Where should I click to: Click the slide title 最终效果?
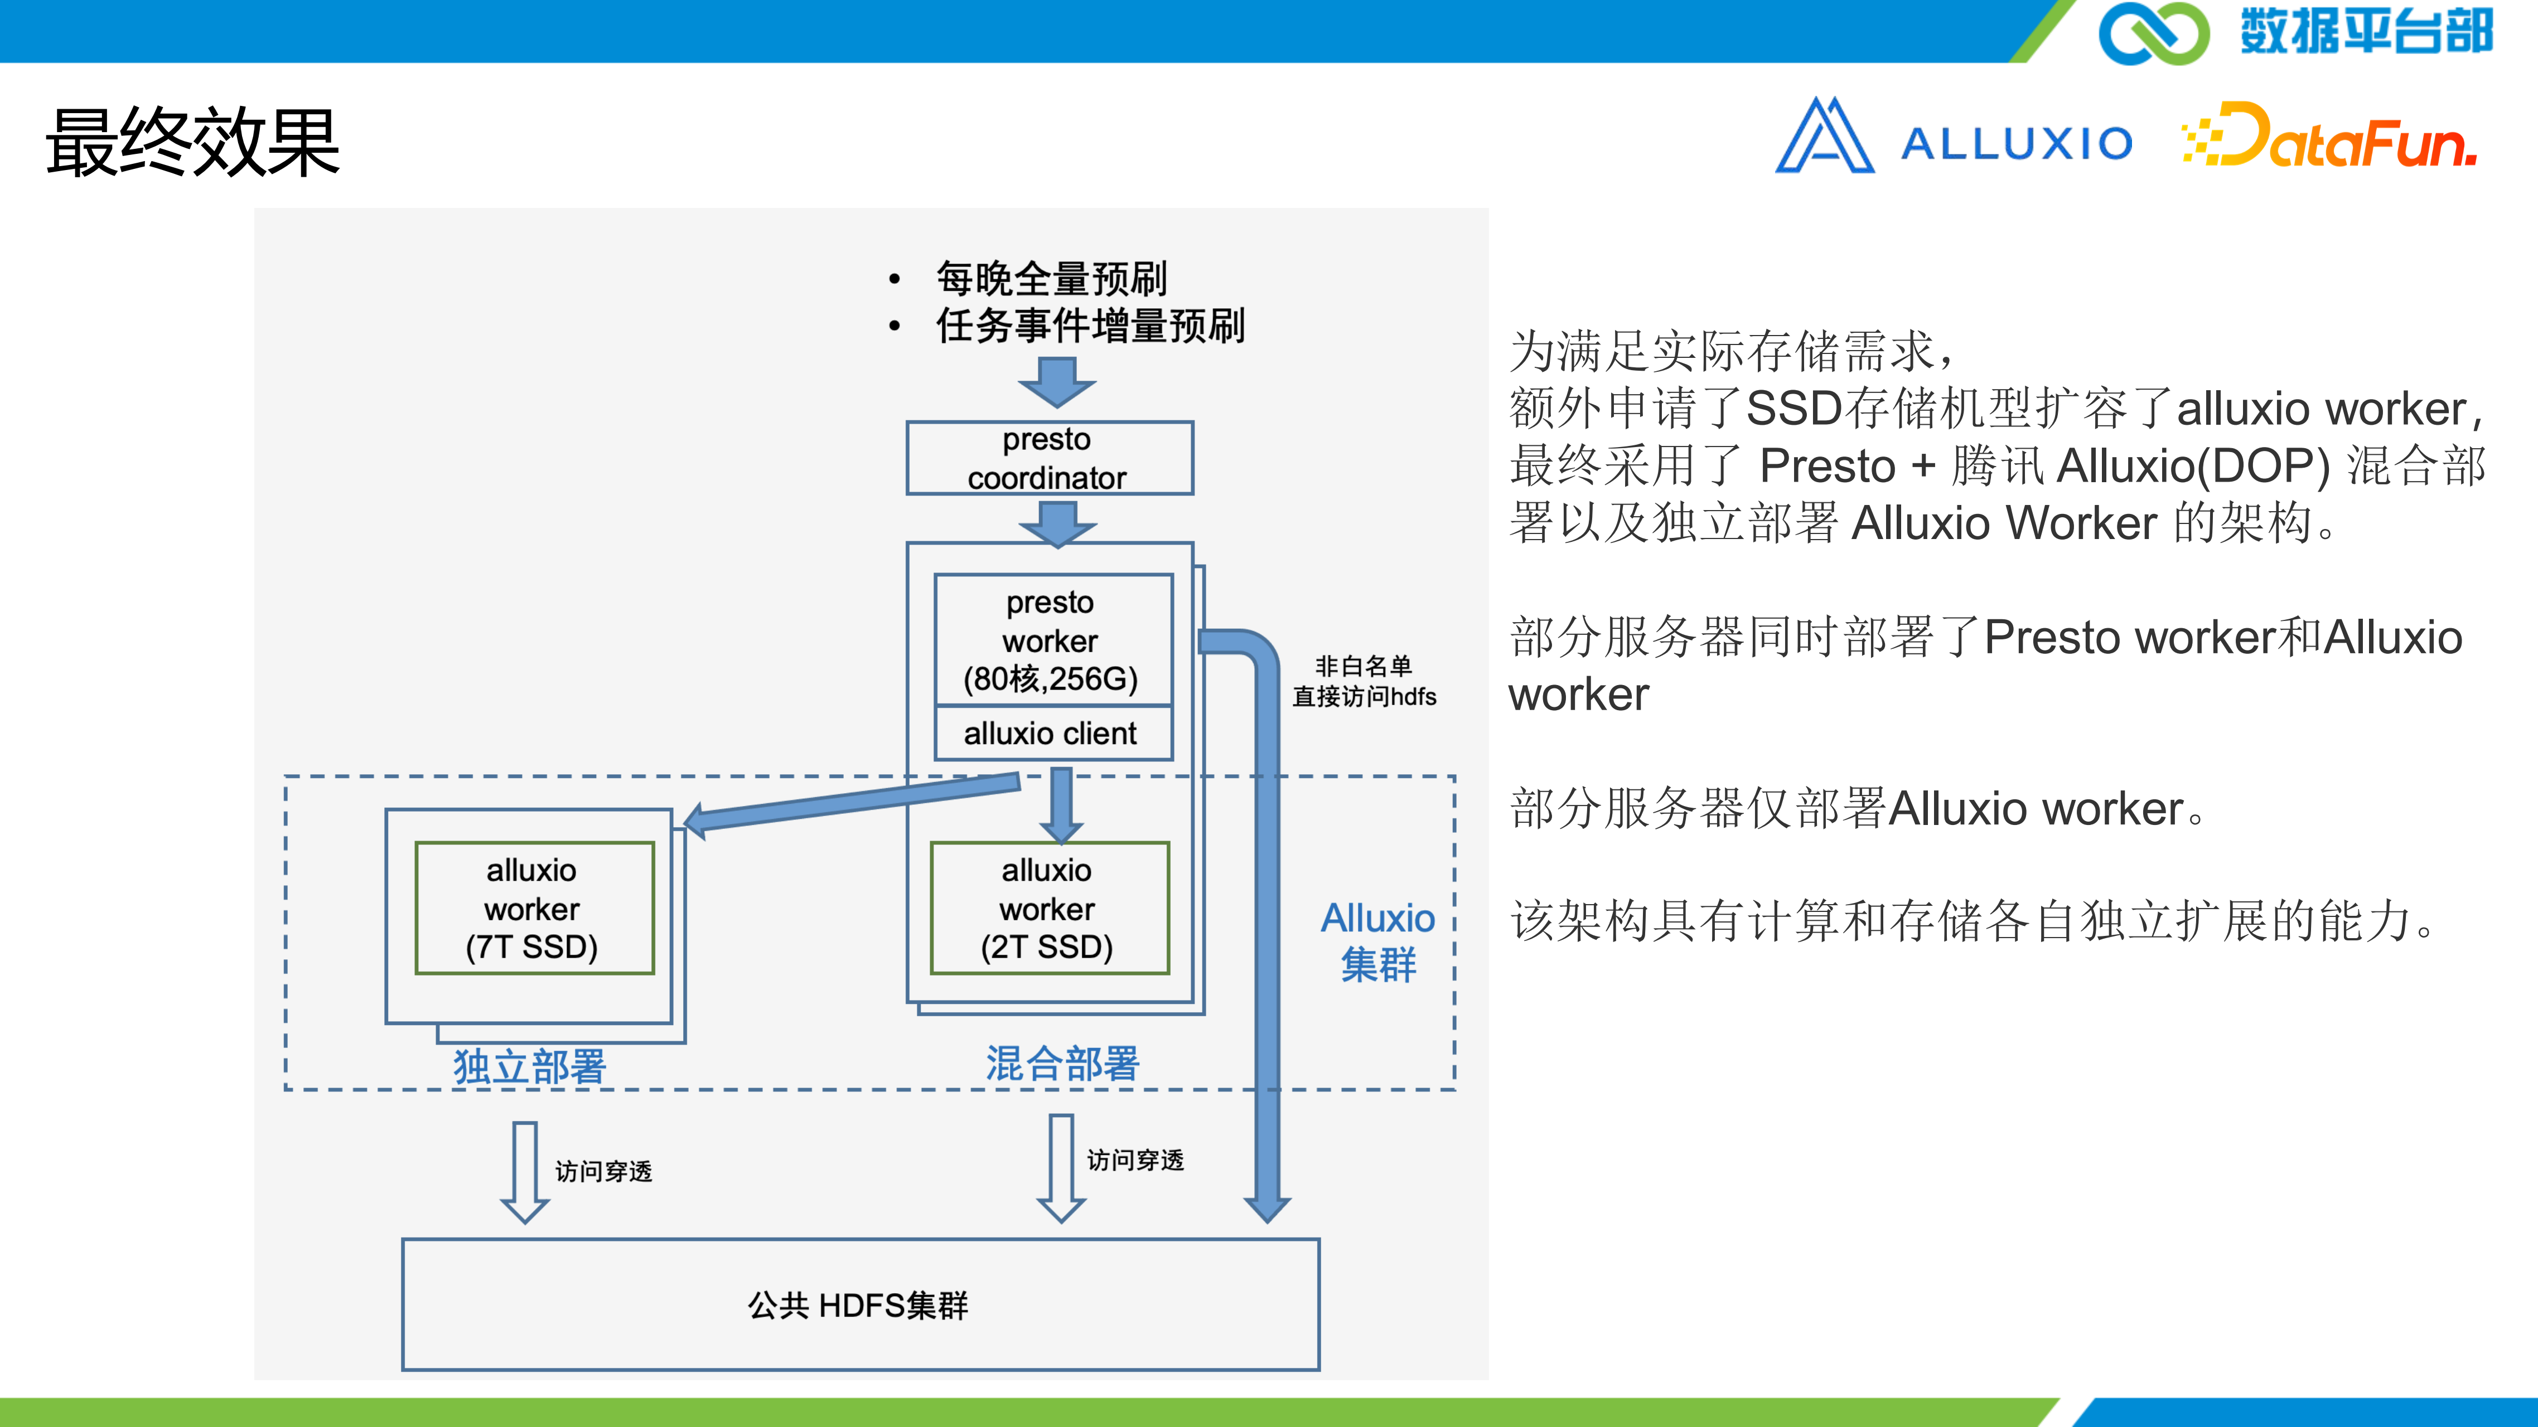[193, 143]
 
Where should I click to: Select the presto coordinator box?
[1050, 458]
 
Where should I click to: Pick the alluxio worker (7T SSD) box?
[534, 908]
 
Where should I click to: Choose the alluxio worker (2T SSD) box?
[1050, 908]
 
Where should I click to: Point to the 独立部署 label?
[529, 1066]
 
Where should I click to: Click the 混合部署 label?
[1063, 1064]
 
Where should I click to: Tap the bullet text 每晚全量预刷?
[1051, 279]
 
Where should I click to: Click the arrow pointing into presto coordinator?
[1057, 382]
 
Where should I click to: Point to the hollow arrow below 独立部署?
[525, 1172]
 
